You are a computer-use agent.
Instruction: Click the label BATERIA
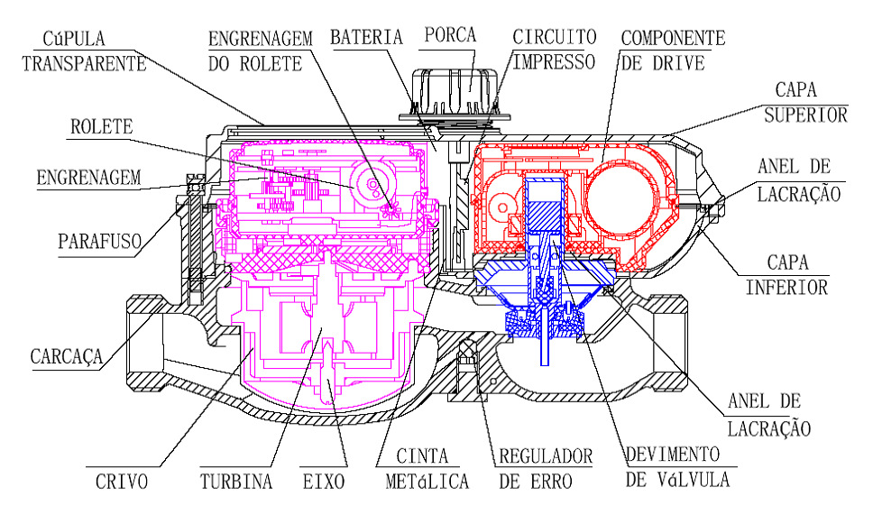(366, 37)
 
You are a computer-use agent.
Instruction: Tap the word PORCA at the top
(450, 34)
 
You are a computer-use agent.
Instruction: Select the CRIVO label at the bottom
(122, 482)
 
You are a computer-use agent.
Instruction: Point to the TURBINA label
(236, 482)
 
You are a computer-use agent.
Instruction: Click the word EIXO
(324, 482)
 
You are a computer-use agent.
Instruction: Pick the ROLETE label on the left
(102, 127)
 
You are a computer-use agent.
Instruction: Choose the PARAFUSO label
(100, 242)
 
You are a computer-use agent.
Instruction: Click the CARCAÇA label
(67, 356)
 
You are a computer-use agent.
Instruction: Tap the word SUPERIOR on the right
(805, 115)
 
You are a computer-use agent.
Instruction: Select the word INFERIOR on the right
(786, 288)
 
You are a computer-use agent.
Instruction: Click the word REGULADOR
(546, 456)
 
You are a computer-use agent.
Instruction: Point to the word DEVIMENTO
(673, 455)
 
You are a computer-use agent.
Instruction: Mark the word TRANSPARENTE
(84, 63)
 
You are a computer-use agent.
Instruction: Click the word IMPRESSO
(554, 62)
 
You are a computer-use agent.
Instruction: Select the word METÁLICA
(427, 481)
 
